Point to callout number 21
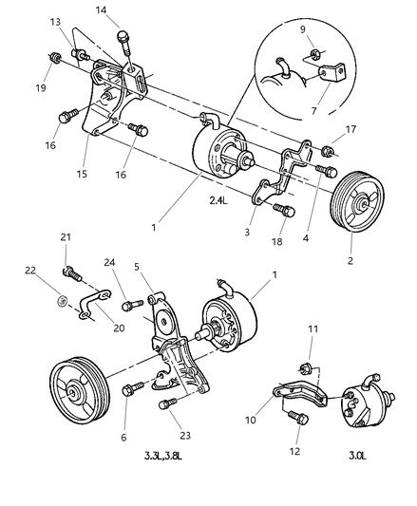pyautogui.click(x=66, y=237)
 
